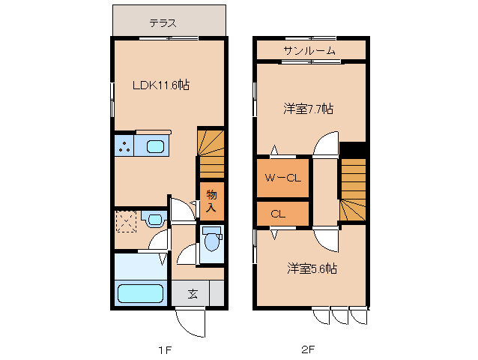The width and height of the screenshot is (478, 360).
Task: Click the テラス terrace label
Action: [163, 23]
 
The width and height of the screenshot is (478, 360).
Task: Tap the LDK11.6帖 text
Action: [161, 85]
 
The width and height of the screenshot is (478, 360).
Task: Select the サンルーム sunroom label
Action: [309, 50]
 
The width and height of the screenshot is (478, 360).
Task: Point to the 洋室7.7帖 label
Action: [308, 109]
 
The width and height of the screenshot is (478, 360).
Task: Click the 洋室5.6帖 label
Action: [312, 268]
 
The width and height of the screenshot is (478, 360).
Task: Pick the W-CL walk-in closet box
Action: [283, 178]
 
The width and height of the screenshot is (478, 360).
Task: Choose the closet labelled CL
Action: [279, 214]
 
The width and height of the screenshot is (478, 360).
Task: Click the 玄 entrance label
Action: [193, 293]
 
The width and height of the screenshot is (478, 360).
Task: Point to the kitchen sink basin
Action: [156, 146]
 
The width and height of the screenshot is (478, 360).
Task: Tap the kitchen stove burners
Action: [124, 145]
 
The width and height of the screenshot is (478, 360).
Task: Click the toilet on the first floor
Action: [211, 242]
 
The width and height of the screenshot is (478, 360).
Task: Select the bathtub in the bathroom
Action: [142, 292]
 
